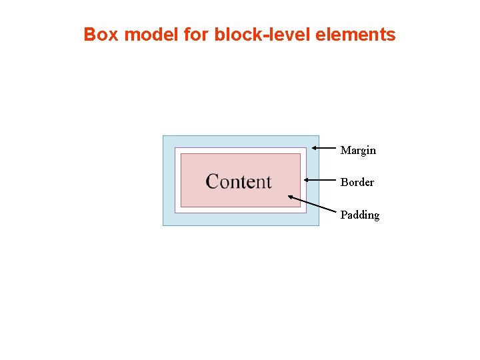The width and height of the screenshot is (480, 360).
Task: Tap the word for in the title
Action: (196, 35)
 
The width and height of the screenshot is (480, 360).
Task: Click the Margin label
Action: (358, 151)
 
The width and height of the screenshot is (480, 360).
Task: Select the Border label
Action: (357, 183)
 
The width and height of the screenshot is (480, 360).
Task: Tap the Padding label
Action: (360, 215)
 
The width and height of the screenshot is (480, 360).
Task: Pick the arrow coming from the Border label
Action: (320, 180)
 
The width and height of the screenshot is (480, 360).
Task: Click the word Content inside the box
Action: (239, 181)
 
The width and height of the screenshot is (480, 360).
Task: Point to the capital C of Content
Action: (213, 181)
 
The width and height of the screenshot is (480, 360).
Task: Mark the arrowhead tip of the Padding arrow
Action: (289, 196)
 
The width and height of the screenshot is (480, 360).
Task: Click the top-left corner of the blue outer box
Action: (163, 136)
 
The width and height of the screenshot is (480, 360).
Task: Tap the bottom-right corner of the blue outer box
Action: (319, 225)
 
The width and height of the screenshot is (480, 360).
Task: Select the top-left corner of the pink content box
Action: (181, 154)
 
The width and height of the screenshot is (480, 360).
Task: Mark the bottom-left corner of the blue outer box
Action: (163, 225)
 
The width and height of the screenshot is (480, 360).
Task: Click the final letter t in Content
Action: (268, 182)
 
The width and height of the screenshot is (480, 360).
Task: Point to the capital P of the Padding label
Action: (344, 215)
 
